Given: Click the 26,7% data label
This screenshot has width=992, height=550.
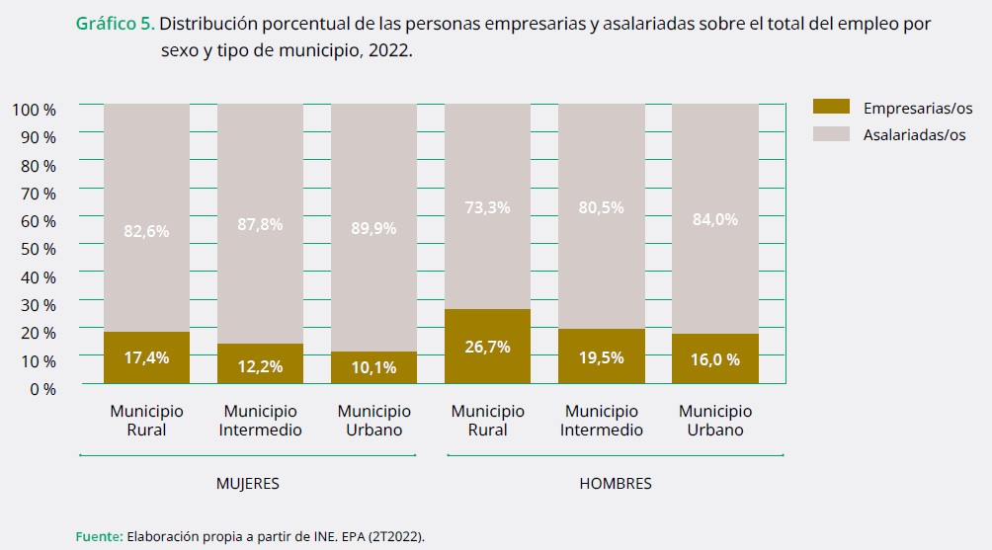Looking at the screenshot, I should click(x=488, y=347).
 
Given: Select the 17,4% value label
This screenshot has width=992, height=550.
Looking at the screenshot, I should click(x=146, y=357).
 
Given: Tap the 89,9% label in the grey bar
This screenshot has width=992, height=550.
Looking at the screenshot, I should click(x=373, y=228).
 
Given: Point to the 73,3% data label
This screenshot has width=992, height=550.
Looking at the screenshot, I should click(x=488, y=207).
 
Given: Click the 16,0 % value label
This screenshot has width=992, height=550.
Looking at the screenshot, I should click(x=714, y=359).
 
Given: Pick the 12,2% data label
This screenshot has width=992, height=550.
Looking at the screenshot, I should click(x=260, y=366).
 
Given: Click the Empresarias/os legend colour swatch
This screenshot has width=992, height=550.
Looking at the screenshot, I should click(x=831, y=107).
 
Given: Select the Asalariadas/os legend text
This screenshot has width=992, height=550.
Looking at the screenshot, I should click(x=914, y=135).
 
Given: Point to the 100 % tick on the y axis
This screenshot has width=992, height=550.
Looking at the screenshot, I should click(x=35, y=109).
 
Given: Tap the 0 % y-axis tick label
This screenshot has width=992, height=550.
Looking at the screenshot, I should click(x=42, y=389).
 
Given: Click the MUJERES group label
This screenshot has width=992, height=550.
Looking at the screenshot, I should click(x=248, y=484).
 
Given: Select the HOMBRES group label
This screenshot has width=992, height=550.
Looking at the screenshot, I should click(x=615, y=484).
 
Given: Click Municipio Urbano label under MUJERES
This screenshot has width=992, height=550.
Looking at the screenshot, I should click(x=373, y=420).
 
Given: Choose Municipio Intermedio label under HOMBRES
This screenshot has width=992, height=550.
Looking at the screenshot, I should click(x=602, y=420).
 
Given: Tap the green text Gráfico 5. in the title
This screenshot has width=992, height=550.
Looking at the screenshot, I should click(x=115, y=23).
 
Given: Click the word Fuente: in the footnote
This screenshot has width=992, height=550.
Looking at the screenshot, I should click(x=99, y=536).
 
